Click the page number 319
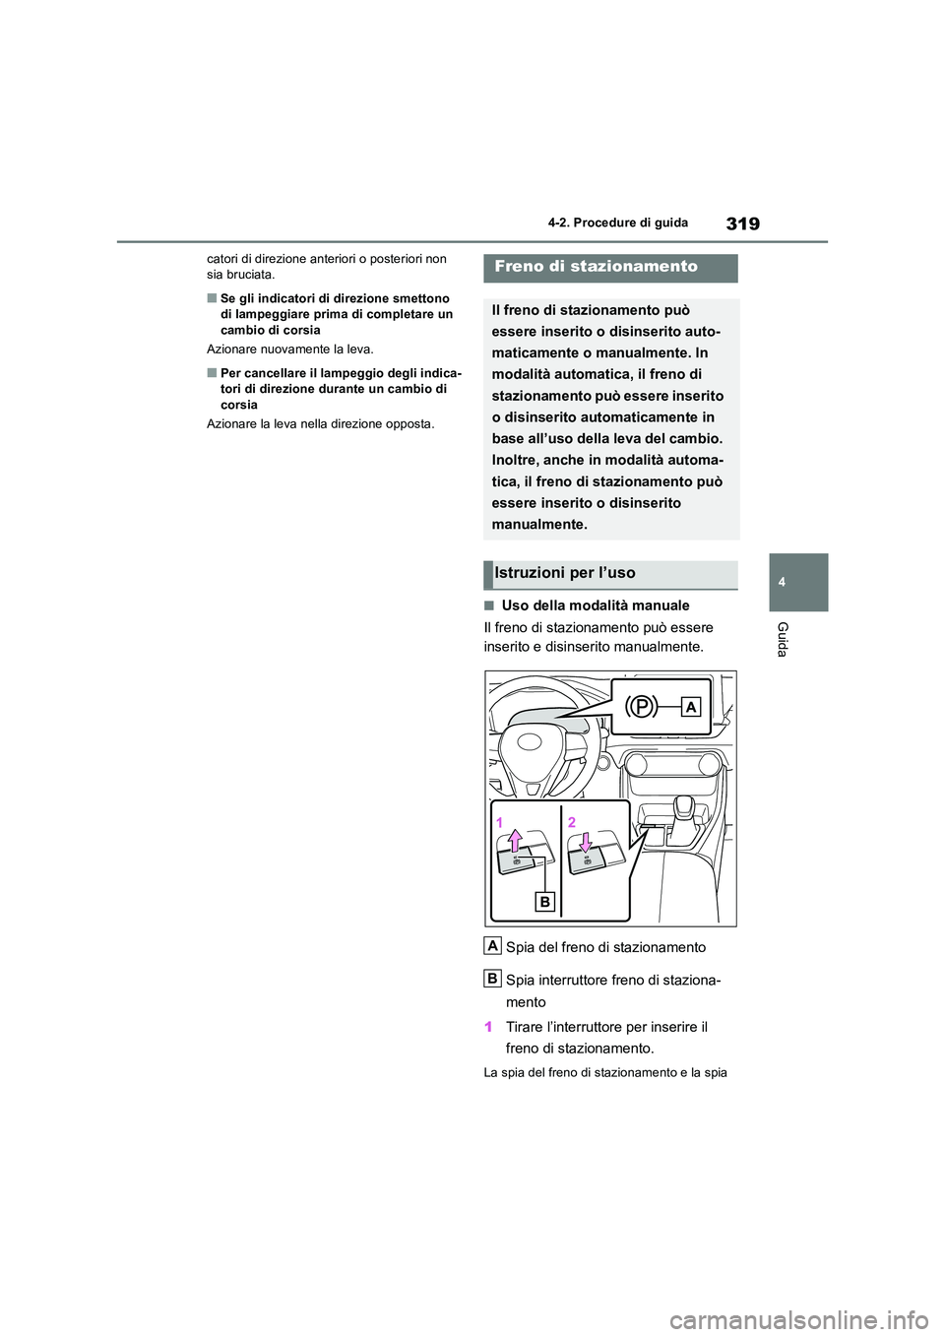point(742,223)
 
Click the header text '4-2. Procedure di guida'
point(617,223)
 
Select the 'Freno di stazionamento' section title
point(596,267)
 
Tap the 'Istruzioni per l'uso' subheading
point(565,573)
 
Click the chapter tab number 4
point(782,582)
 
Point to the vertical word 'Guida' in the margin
point(783,639)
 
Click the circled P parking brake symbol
point(641,706)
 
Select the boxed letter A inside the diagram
point(690,706)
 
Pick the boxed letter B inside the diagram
point(544,901)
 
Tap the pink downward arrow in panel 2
point(585,843)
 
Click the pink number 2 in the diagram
point(571,822)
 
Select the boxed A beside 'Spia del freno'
point(493,945)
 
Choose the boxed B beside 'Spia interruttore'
point(493,978)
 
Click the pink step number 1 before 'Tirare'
point(488,1027)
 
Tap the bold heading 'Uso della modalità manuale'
point(595,605)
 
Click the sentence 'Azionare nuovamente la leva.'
point(290,350)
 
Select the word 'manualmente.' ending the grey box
point(539,525)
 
